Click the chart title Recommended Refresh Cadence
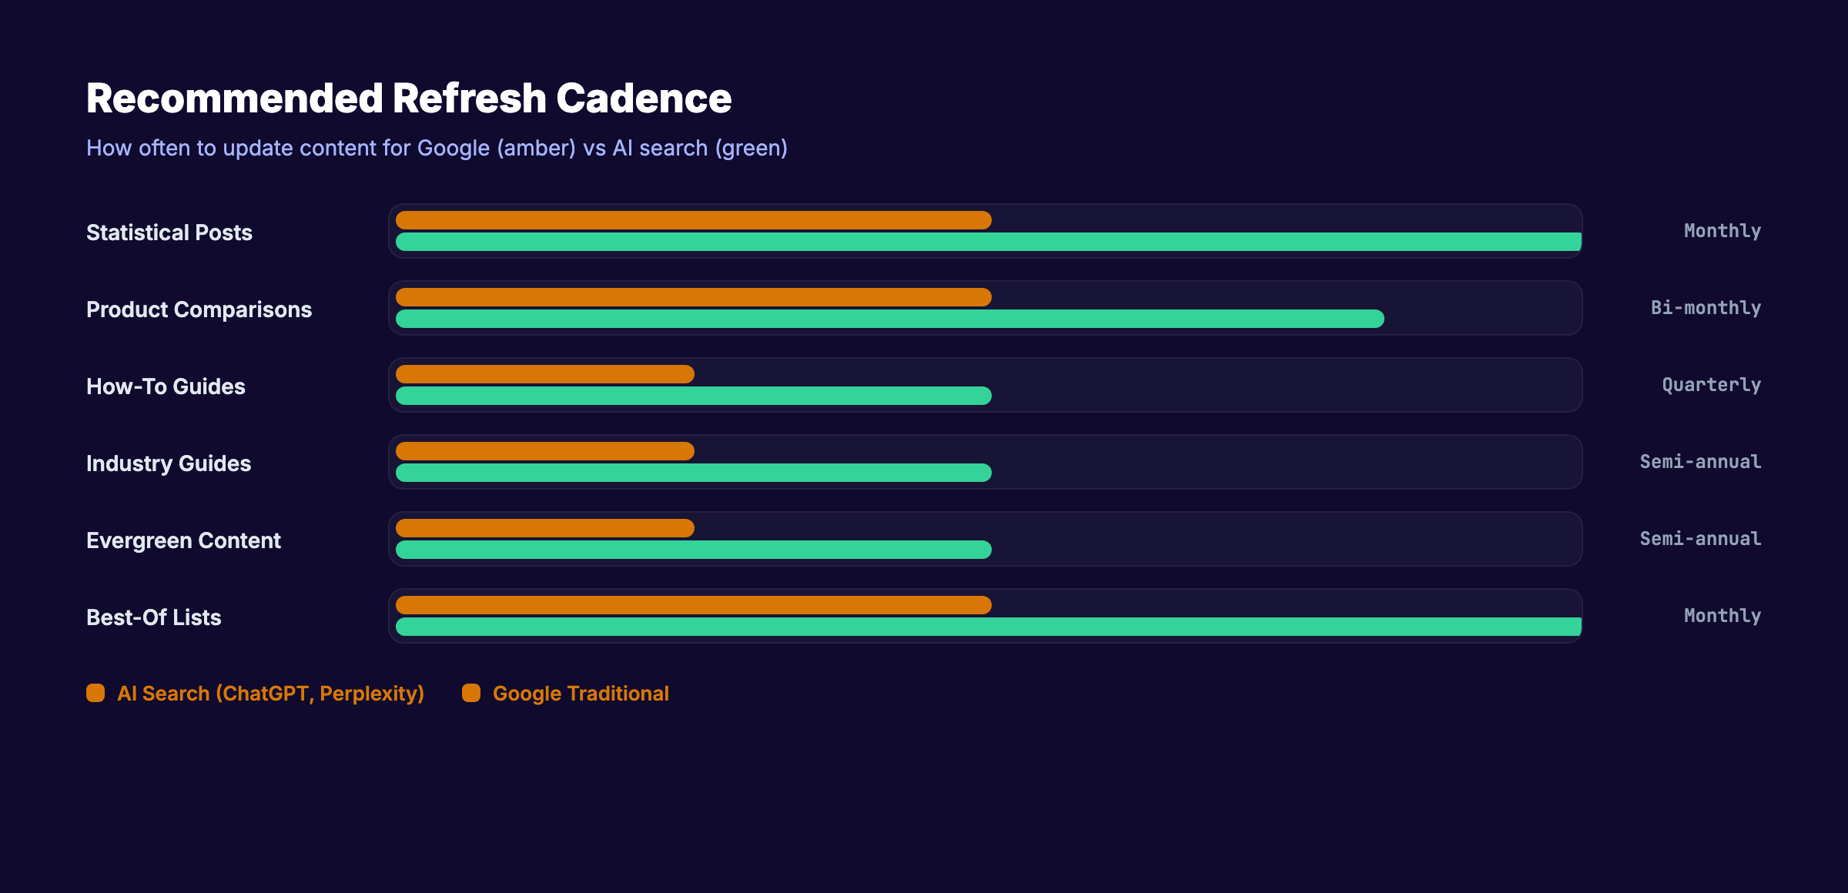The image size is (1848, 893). tap(408, 99)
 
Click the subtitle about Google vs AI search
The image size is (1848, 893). tap(437, 148)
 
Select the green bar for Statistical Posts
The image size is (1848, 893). tap(988, 242)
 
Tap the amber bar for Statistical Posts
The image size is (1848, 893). tap(693, 220)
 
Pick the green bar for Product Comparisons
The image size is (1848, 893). tap(889, 319)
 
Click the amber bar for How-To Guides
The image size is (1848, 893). tap(544, 374)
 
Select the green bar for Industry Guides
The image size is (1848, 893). tap(693, 473)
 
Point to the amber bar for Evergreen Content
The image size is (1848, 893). tap(544, 528)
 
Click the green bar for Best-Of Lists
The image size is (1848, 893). tap(988, 627)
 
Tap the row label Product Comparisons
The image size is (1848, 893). tap(199, 309)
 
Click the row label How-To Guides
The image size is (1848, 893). tap(166, 386)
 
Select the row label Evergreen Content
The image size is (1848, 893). tap(183, 540)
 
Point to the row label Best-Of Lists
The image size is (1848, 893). tap(153, 617)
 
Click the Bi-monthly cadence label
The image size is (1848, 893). tap(1706, 308)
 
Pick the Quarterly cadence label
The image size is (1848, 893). tap(1711, 385)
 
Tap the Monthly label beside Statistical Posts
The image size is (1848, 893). tap(1722, 231)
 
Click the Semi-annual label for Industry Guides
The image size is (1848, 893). tap(1700, 462)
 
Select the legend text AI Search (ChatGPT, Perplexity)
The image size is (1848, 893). tap(270, 694)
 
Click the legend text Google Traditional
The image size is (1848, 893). tap(581, 694)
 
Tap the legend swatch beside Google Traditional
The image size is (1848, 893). tap(471, 693)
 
